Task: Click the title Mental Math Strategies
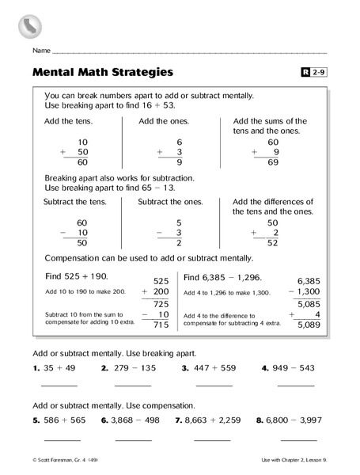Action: click(103, 74)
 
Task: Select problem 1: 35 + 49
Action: click(53, 368)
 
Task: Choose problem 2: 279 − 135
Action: click(133, 368)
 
